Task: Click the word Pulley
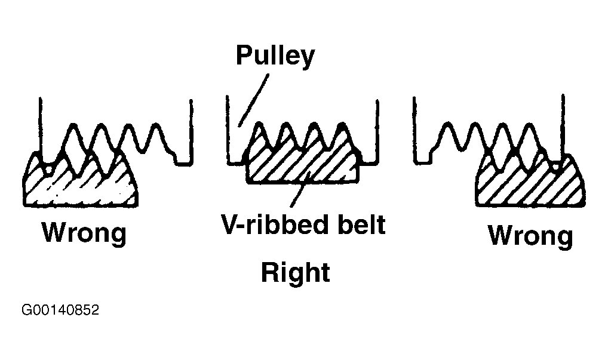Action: click(275, 57)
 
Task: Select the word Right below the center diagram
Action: click(296, 273)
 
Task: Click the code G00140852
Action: click(60, 310)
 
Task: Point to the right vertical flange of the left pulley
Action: click(191, 128)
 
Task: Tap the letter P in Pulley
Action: click(244, 56)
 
